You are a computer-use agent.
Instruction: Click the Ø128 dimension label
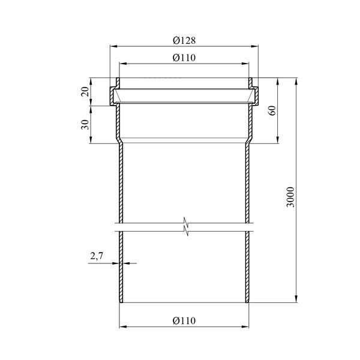pos(184,41)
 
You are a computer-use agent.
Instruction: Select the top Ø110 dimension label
pos(184,58)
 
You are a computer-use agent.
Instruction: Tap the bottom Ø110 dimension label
pos(184,320)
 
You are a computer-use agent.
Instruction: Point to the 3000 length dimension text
pos(290,197)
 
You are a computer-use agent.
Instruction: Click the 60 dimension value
pos(272,110)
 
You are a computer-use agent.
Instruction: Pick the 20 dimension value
pos(85,92)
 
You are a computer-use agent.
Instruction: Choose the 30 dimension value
pos(85,124)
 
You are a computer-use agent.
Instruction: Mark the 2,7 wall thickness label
pos(97,256)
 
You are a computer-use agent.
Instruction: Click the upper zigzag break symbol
pos(185,221)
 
